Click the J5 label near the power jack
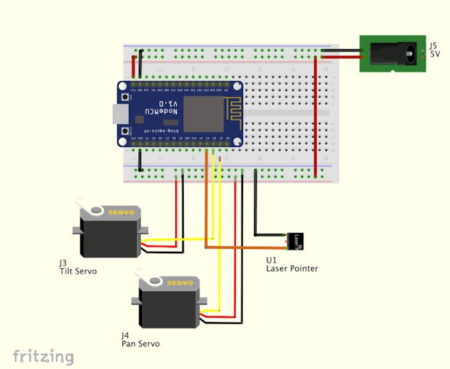pyautogui.click(x=433, y=45)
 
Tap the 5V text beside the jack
pyautogui.click(x=435, y=54)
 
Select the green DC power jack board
pyautogui.click(x=391, y=54)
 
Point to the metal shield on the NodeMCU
pyautogui.click(x=203, y=114)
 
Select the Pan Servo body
pyautogui.click(x=168, y=304)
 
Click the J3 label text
pyautogui.click(x=64, y=263)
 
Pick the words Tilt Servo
pyautogui.click(x=78, y=271)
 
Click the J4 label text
pyautogui.click(x=126, y=336)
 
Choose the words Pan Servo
pyautogui.click(x=140, y=344)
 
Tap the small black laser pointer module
pyautogui.click(x=295, y=240)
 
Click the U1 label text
pyautogui.click(x=271, y=260)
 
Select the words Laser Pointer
pyautogui.click(x=292, y=269)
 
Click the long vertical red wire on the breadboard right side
pyautogui.click(x=315, y=116)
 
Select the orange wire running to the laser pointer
pyautogui.click(x=246, y=247)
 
